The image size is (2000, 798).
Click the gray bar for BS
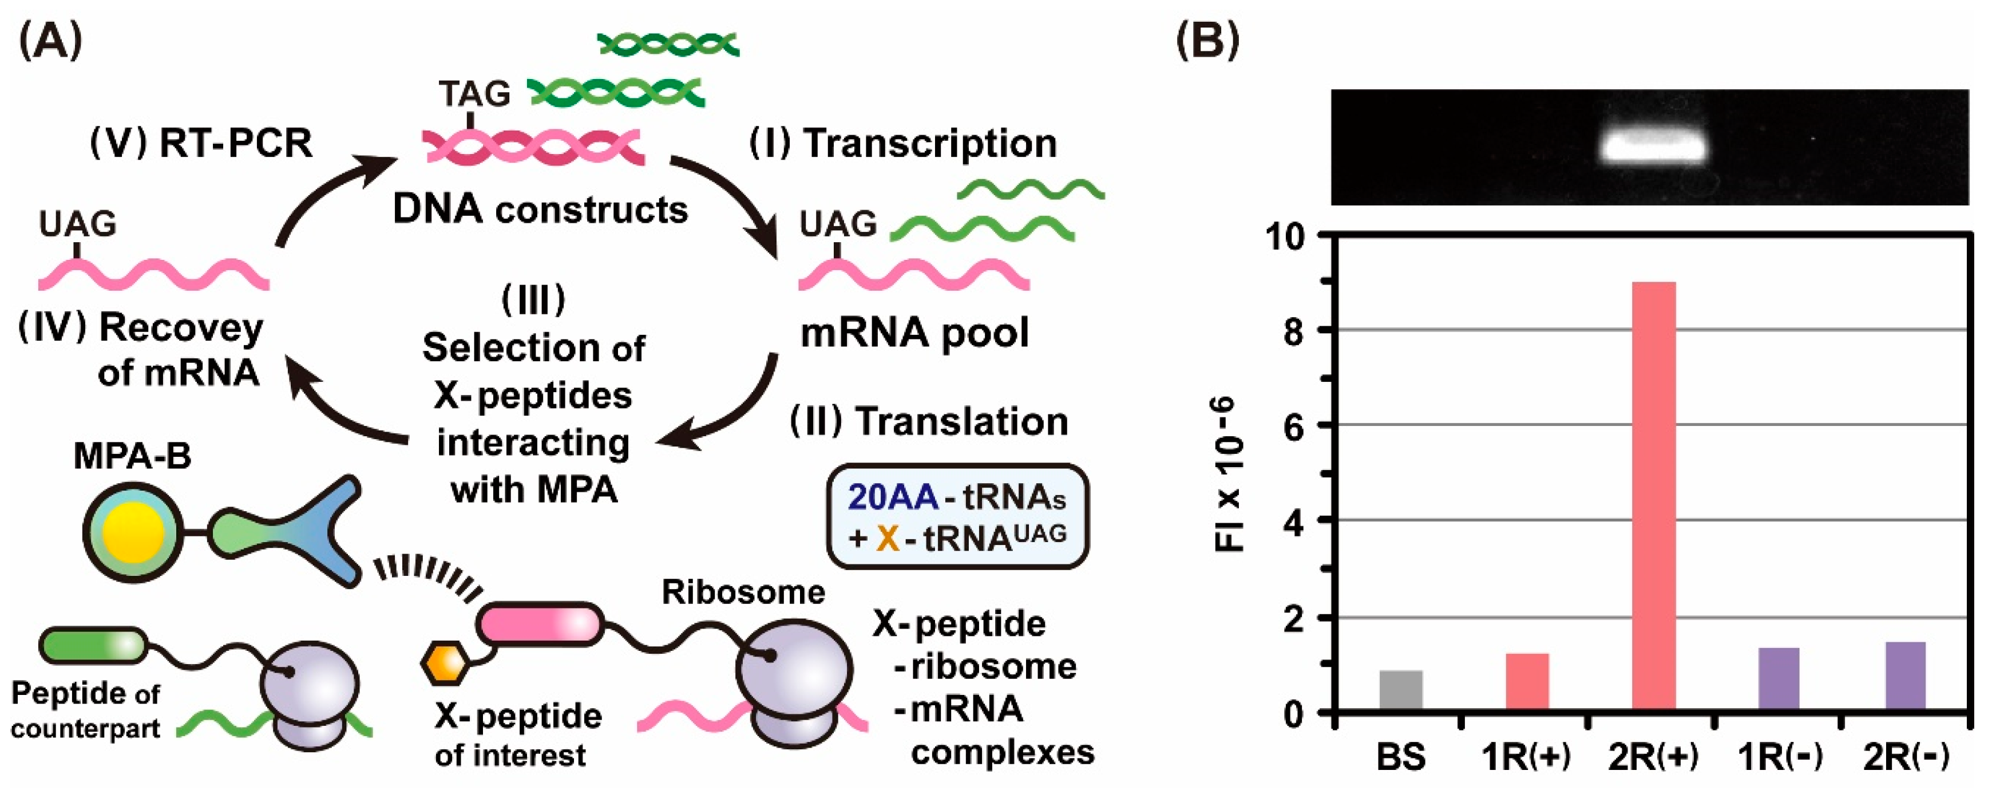1401,689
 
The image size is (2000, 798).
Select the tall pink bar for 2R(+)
1654,497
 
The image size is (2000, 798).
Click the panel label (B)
1208,41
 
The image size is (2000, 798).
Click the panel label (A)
50,41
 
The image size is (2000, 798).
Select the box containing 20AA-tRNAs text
957,517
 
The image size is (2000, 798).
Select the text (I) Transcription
902,144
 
